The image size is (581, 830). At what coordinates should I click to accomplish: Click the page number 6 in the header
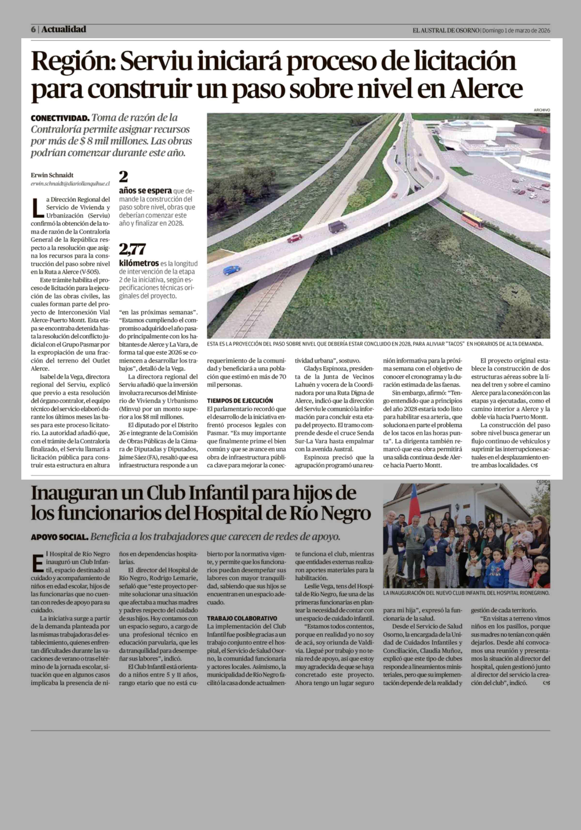33,30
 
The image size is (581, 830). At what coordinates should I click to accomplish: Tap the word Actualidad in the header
64,29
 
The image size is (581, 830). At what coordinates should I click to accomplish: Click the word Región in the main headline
73,62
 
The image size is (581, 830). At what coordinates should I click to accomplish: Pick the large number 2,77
132,249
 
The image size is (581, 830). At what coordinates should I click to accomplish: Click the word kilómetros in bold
139,263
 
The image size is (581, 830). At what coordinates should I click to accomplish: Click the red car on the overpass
295,238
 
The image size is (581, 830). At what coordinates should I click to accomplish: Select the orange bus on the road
473,220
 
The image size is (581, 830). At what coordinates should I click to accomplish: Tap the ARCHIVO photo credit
542,110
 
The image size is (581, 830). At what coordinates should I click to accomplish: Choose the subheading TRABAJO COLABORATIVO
242,618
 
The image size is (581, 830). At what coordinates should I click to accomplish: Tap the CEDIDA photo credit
543,482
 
